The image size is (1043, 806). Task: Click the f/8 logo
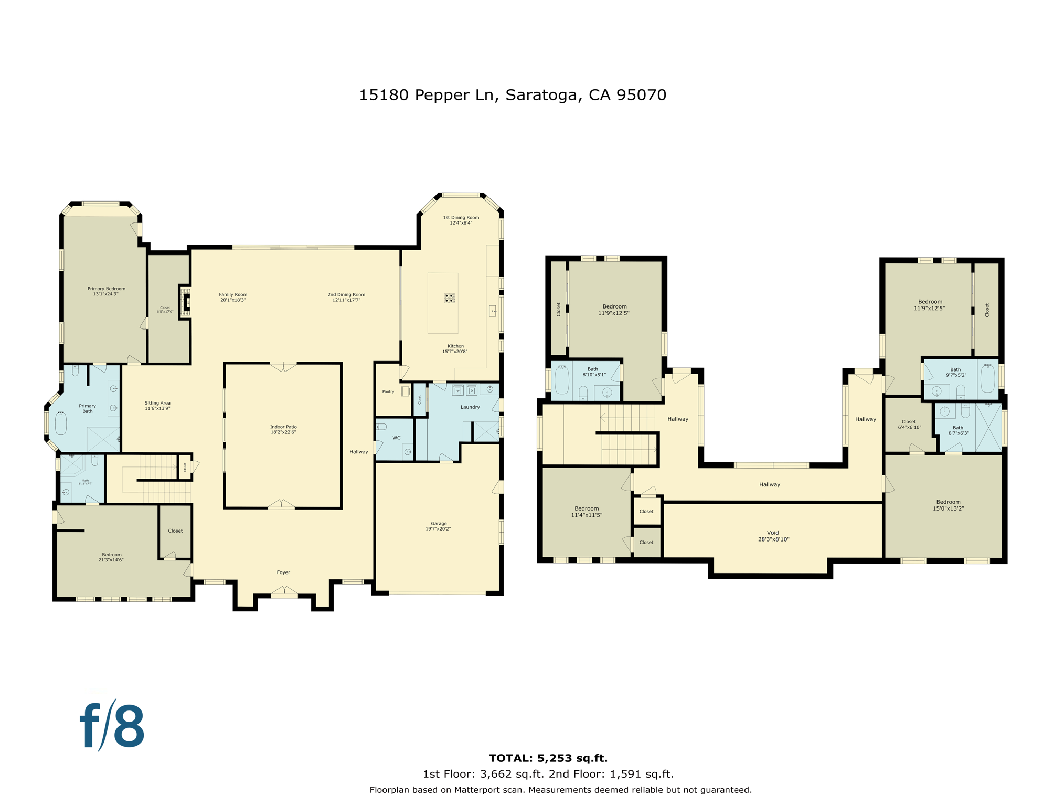pyautogui.click(x=112, y=726)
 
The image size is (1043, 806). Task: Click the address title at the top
pyautogui.click(x=512, y=95)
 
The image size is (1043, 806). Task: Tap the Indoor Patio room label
pyautogui.click(x=283, y=430)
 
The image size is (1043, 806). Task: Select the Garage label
pyautogui.click(x=438, y=526)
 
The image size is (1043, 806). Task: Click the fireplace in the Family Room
pyautogui.click(x=185, y=302)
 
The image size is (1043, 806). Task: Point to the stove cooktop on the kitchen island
pyautogui.click(x=450, y=298)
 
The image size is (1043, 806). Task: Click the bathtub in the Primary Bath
pyautogui.click(x=61, y=423)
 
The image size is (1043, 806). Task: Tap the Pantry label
pyautogui.click(x=388, y=392)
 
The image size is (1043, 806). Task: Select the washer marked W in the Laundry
pyautogui.click(x=457, y=390)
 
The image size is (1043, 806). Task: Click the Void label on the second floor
pyautogui.click(x=773, y=536)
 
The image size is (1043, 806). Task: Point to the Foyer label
pyautogui.click(x=283, y=572)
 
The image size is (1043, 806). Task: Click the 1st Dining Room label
pyautogui.click(x=461, y=220)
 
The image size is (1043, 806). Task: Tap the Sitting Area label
pyautogui.click(x=157, y=406)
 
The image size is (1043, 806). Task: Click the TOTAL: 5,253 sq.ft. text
pyautogui.click(x=548, y=758)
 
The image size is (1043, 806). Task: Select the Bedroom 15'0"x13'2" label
pyautogui.click(x=948, y=505)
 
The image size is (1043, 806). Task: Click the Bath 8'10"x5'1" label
pyautogui.click(x=593, y=372)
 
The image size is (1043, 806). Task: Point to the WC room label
pyautogui.click(x=397, y=438)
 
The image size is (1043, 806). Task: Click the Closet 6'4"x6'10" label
pyautogui.click(x=909, y=424)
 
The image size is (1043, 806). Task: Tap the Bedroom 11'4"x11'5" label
pyautogui.click(x=587, y=512)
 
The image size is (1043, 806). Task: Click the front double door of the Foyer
pyautogui.click(x=284, y=593)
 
